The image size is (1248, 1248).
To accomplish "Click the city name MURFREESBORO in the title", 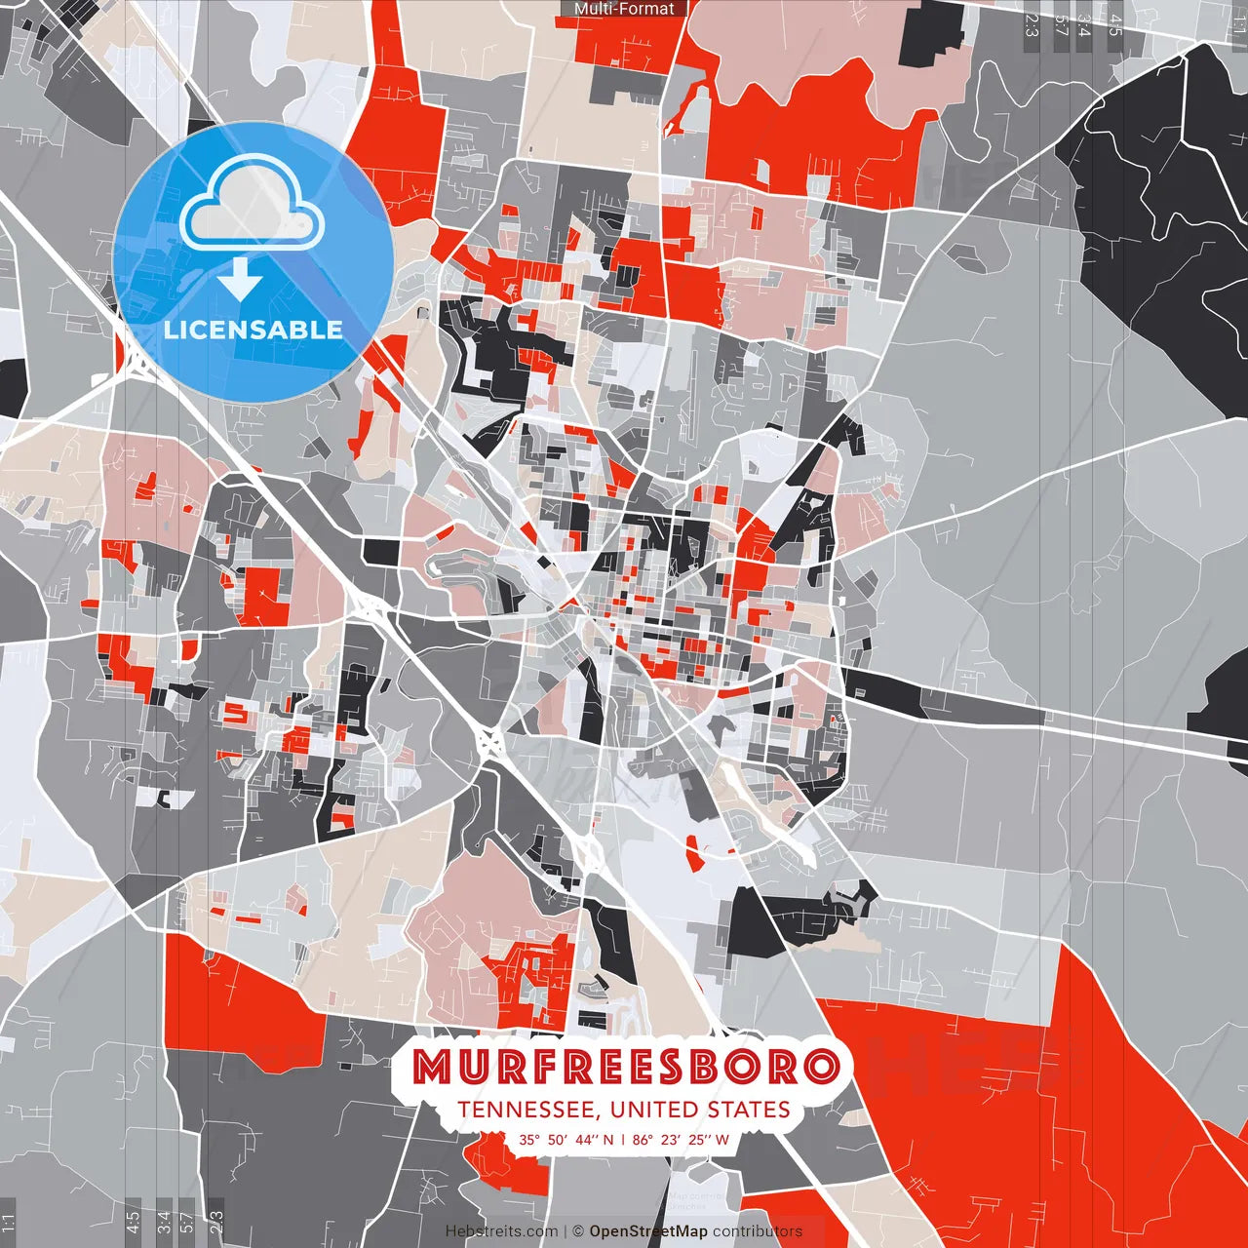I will tap(625, 1067).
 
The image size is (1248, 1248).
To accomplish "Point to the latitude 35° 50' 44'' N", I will tap(566, 1139).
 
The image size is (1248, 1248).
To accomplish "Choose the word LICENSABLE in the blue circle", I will tap(253, 330).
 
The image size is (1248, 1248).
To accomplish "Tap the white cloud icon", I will tap(253, 203).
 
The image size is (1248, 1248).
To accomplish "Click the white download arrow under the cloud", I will tap(240, 281).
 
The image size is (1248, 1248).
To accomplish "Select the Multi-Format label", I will tap(624, 9).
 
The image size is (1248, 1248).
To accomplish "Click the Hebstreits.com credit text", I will tap(502, 1231).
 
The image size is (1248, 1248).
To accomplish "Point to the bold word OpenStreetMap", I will tap(648, 1231).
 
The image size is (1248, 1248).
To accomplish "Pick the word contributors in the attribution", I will tap(758, 1231).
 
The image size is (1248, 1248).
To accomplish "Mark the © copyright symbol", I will tap(578, 1231).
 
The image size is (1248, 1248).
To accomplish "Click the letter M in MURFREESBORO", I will tap(431, 1067).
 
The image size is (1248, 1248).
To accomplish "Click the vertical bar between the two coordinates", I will tap(623, 1139).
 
